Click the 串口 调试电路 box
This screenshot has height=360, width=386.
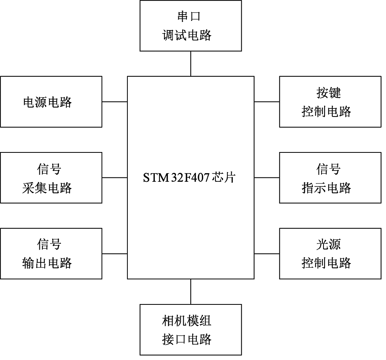(191, 26)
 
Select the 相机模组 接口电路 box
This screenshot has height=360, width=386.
(191, 330)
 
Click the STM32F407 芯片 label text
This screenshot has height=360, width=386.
(189, 178)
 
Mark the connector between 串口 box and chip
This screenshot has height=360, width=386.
(191, 64)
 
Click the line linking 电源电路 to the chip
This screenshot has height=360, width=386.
(115, 102)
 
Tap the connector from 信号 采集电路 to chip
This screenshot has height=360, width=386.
(115, 177)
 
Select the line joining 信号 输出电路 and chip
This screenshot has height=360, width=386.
(115, 254)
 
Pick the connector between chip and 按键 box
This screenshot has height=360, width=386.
(267, 102)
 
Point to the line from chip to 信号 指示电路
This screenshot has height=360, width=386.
(267, 177)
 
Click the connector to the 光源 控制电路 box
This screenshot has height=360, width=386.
(267, 254)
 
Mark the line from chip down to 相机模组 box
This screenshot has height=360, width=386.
(191, 292)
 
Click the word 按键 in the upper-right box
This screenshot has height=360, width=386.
(328, 93)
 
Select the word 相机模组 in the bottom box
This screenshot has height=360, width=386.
(187, 321)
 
